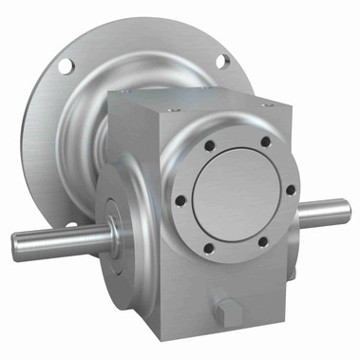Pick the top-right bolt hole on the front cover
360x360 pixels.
[264, 142]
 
